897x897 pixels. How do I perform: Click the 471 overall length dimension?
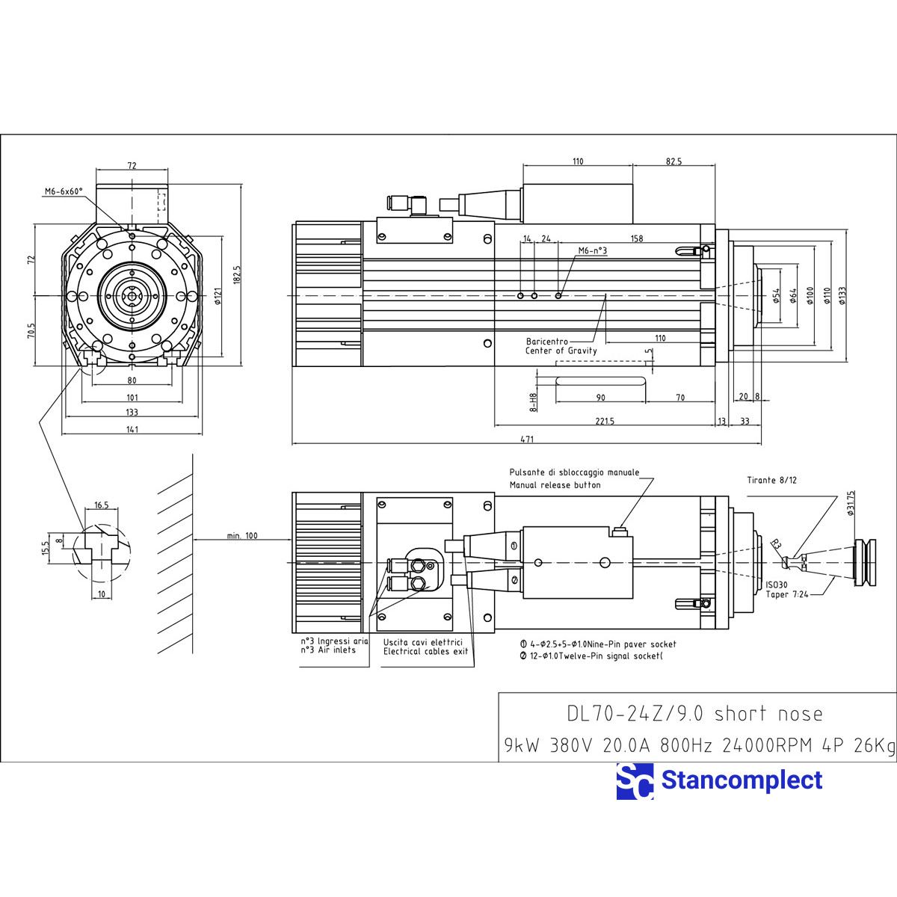(527, 440)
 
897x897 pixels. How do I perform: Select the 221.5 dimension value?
(605, 422)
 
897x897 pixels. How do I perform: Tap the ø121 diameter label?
(218, 297)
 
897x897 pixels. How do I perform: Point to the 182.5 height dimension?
(237, 275)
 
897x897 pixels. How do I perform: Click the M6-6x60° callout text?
(64, 191)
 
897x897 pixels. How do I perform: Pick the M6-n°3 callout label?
(592, 251)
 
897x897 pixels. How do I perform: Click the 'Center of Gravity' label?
(561, 351)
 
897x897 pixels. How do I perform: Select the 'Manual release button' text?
(555, 485)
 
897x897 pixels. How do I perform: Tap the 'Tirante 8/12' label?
(771, 480)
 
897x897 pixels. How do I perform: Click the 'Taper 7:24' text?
(787, 594)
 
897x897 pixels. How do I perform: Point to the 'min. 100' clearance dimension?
(241, 535)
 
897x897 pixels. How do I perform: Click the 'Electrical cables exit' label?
(425, 651)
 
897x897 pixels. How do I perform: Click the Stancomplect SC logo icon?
(635, 781)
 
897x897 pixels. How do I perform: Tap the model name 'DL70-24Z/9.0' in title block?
(634, 714)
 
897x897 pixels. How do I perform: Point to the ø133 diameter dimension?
(842, 296)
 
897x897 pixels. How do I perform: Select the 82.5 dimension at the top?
(673, 161)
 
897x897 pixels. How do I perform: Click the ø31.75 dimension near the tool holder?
(850, 504)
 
